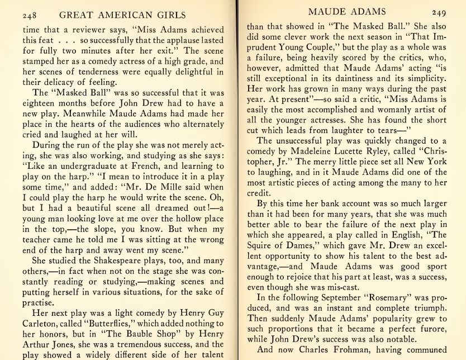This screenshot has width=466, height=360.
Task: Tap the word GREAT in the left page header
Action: [79, 16]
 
